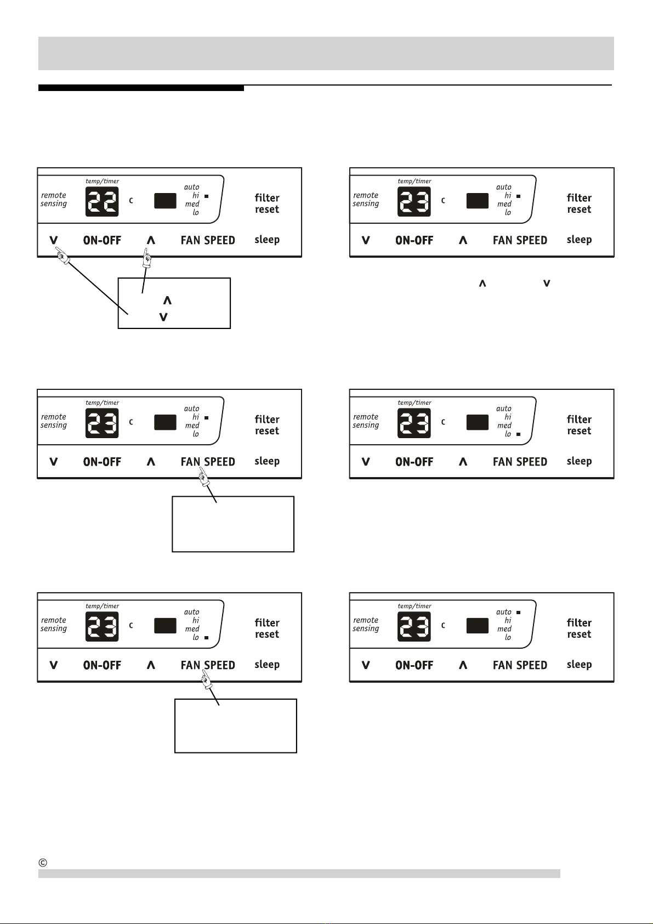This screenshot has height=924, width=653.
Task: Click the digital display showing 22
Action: tap(102, 201)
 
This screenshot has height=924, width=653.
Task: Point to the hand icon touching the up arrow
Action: tap(147, 258)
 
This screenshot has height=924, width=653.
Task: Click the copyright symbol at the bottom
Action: tap(43, 863)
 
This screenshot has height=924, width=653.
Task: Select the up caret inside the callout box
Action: tap(167, 301)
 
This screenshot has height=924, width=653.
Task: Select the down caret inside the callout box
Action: tap(163, 317)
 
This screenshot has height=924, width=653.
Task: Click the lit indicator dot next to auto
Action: tap(518, 612)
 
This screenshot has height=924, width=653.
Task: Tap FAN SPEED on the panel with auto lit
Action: tap(520, 665)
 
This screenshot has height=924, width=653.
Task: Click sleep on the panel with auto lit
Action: tap(579, 665)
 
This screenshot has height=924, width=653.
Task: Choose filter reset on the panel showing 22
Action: tap(267, 203)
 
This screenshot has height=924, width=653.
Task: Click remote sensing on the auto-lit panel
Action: tap(366, 625)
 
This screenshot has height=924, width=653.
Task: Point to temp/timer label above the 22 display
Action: tap(102, 181)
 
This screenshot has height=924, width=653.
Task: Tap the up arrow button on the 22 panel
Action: tap(151, 240)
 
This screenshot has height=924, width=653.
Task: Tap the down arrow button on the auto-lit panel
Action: tap(366, 665)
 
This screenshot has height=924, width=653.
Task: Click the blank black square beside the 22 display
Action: tap(165, 201)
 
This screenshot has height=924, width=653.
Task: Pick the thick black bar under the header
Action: tap(141, 88)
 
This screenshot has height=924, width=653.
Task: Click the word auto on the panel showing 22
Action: tap(191, 187)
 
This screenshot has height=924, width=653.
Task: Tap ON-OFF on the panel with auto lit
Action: tap(414, 665)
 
